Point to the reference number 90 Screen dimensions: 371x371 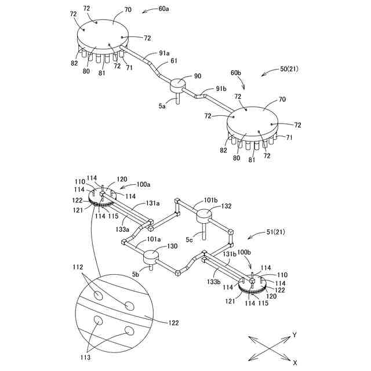pyautogui.click(x=198, y=76)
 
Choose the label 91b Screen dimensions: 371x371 pyautogui.click(x=220, y=88)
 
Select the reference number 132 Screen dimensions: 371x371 pyautogui.click(x=225, y=206)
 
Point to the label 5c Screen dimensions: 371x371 pyautogui.click(x=190, y=238)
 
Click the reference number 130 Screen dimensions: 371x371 pyautogui.click(x=172, y=246)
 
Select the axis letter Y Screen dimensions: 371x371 pyautogui.click(x=295, y=335)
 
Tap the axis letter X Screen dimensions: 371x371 pyautogui.click(x=295, y=362)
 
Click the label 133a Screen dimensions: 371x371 pyautogui.click(x=122, y=230)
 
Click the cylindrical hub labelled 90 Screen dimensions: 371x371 pyautogui.click(x=177, y=86)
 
